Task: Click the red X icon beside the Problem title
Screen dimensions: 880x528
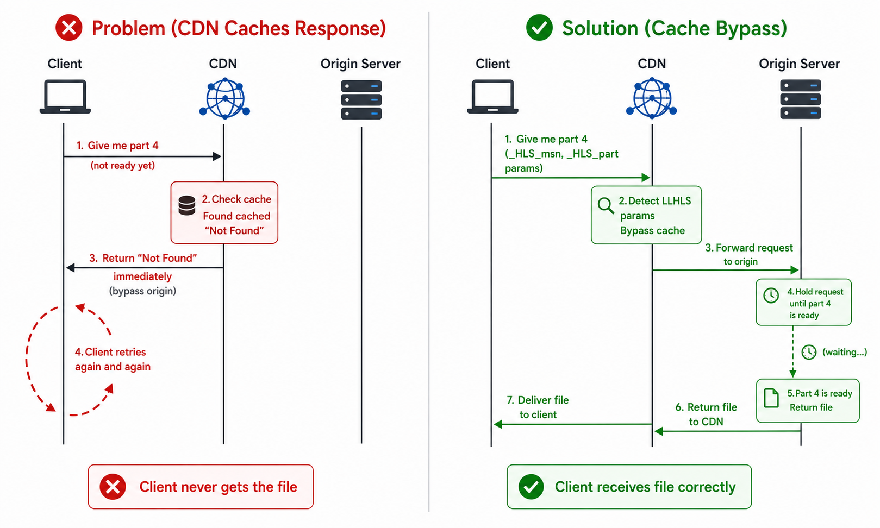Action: [68, 28]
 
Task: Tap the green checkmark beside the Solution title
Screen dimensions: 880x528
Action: [539, 28]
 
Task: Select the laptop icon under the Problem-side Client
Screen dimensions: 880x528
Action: [65, 97]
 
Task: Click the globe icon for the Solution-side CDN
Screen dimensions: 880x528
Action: [651, 98]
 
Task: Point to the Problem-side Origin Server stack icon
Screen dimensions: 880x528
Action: [361, 100]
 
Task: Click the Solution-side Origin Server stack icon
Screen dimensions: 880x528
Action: [800, 99]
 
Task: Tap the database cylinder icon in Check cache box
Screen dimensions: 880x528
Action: [186, 206]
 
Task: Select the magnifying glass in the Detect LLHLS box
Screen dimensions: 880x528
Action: [606, 205]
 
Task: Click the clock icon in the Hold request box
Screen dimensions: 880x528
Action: [771, 295]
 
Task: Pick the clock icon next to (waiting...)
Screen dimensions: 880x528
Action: [809, 352]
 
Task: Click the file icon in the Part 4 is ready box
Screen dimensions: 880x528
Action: [771, 398]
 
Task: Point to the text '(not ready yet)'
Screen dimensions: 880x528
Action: [123, 165]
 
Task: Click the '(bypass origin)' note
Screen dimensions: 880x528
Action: [142, 291]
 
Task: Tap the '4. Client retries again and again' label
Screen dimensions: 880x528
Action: [113, 359]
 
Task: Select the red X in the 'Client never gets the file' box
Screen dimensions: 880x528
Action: [113, 487]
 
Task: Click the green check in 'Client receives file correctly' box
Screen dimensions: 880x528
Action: [531, 487]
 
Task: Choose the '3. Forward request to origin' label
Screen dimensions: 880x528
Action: [749, 254]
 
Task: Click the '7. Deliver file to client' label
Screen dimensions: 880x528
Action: [538, 407]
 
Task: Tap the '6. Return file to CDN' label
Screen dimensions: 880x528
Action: [706, 414]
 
